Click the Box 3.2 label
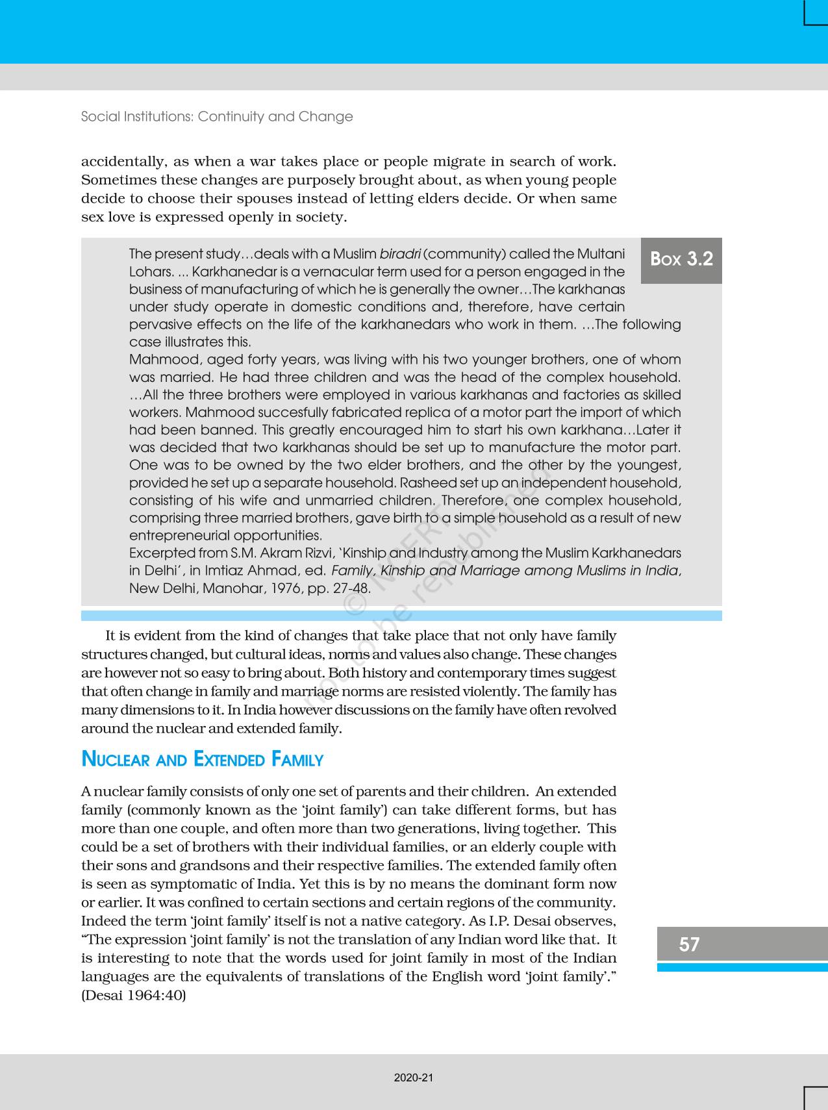pyautogui.click(x=681, y=259)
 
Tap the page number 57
pyautogui.click(x=689, y=944)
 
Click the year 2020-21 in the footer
pyautogui.click(x=414, y=1078)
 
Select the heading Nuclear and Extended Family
pyautogui.click(x=202, y=759)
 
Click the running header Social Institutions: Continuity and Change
pyautogui.click(x=217, y=117)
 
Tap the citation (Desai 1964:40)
pyautogui.click(x=133, y=995)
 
